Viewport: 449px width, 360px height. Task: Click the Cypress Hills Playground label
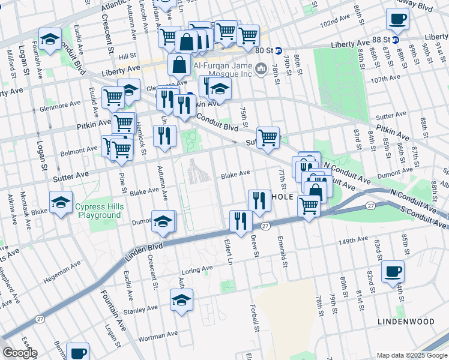98,211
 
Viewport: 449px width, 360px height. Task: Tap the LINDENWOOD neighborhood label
406,322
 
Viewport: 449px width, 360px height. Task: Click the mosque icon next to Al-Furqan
261,70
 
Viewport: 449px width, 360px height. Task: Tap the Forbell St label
255,317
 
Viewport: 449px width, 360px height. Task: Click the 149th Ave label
352,242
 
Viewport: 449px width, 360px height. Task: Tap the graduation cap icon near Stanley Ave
181,300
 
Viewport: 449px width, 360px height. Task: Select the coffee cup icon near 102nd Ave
397,19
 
